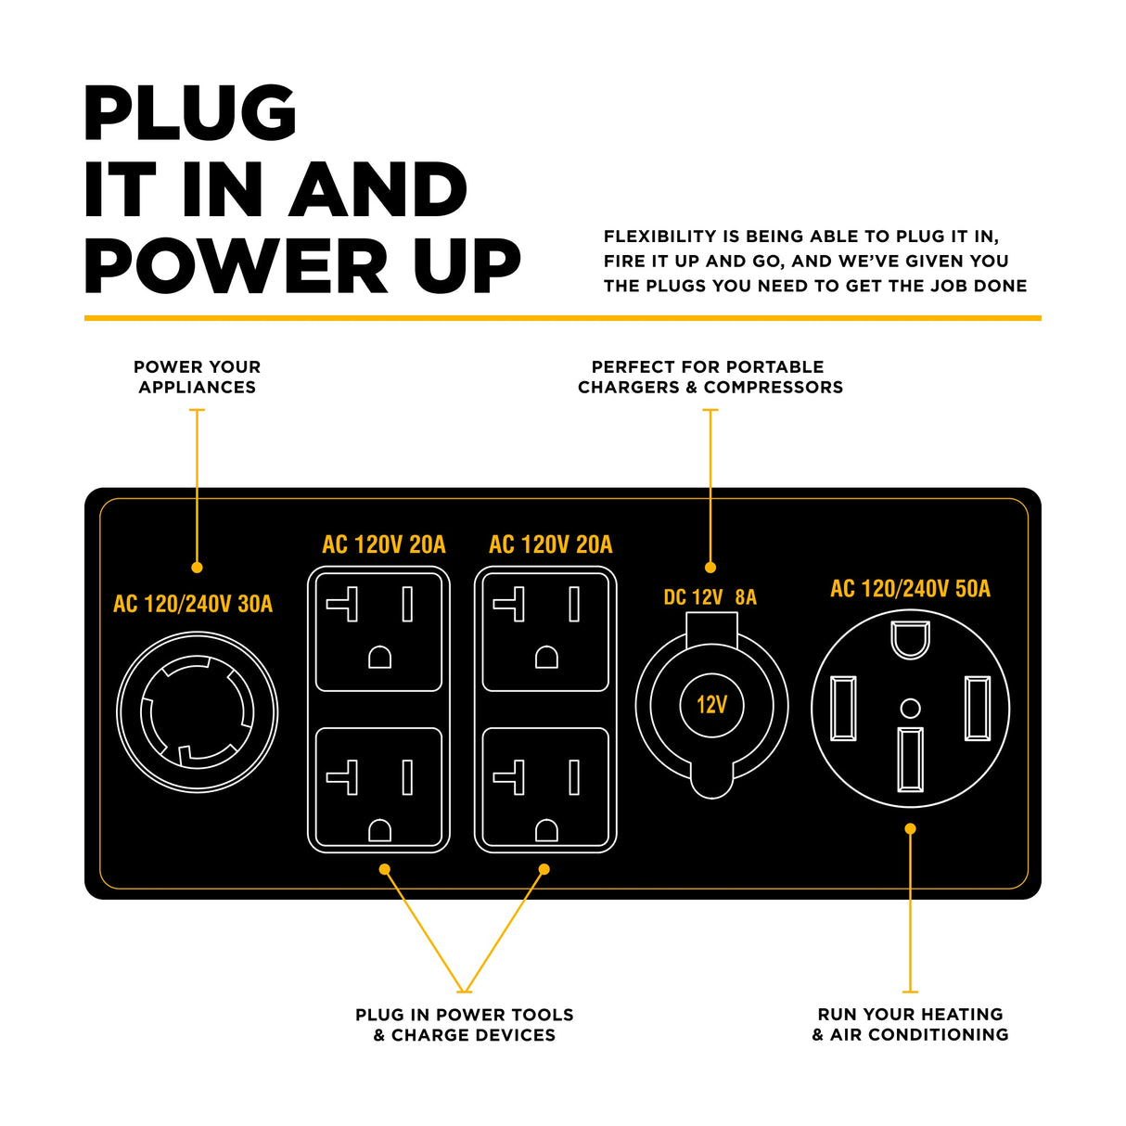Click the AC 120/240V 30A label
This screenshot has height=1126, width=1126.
click(193, 604)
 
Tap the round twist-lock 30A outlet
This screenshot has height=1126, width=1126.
click(198, 712)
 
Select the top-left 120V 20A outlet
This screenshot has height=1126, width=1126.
click(378, 632)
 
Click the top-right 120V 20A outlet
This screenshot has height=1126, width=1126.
click(545, 632)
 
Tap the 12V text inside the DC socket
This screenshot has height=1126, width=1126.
click(711, 705)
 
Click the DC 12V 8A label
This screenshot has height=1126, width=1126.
click(710, 597)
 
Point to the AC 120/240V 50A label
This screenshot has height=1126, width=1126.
click(910, 589)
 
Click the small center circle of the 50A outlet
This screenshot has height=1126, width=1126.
click(911, 709)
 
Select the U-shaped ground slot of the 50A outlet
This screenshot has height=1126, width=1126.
click(910, 639)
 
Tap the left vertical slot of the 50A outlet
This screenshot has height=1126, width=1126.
click(843, 709)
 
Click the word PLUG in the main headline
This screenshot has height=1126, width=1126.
click(190, 114)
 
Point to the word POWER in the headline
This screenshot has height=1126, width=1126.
click(236, 267)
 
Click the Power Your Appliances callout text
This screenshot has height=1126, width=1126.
click(197, 377)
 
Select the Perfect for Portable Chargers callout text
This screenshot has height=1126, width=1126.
click(710, 377)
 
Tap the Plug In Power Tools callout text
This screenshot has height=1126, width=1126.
click(464, 1025)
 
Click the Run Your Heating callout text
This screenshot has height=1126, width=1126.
click(910, 1024)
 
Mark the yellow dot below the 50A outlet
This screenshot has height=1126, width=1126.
click(910, 829)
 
